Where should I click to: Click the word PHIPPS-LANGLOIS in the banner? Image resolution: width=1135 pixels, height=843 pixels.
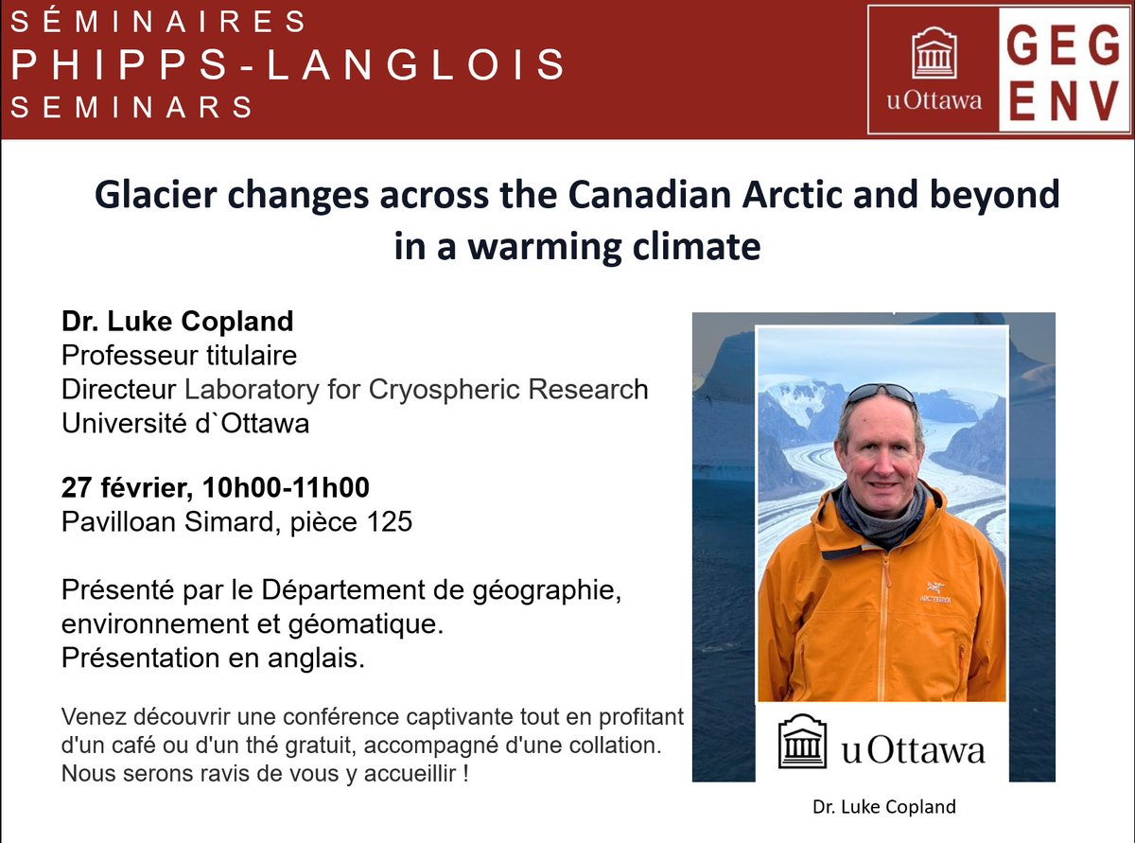pos(288,64)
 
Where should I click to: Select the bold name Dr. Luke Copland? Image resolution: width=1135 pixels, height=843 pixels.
pos(178,322)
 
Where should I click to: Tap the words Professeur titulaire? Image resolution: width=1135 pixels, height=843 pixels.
pos(180,356)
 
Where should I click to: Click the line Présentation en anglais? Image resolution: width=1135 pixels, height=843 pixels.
pos(213,659)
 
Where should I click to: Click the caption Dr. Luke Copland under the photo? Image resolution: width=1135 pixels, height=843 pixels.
pos(884,807)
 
